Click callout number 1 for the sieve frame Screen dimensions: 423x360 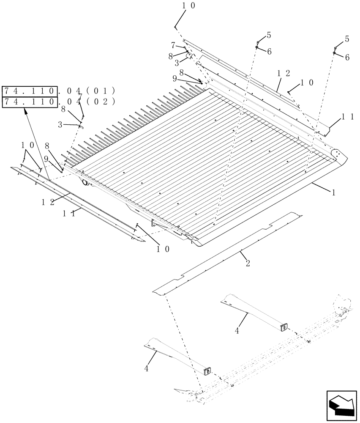click(x=333, y=192)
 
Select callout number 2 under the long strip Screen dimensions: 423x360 click(x=248, y=264)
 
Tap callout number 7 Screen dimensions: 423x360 click(x=173, y=44)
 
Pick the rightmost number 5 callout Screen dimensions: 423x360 click(x=347, y=39)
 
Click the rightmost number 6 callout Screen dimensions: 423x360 click(x=347, y=58)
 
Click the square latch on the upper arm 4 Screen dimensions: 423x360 click(x=284, y=327)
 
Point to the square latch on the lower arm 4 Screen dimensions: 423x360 click(x=207, y=371)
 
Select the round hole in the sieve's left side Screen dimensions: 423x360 click(x=85, y=183)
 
